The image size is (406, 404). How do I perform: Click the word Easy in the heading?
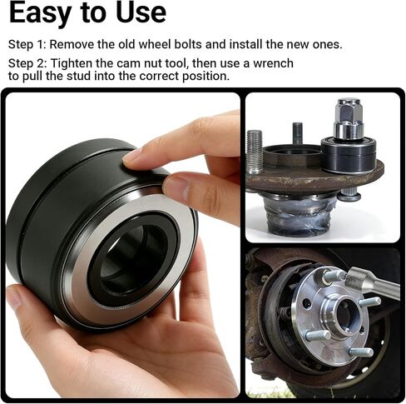click(x=42, y=13)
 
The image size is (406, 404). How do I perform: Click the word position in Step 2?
click(x=205, y=76)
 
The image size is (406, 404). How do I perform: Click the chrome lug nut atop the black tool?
click(x=348, y=119)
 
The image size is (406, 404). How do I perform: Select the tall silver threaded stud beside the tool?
click(x=255, y=151)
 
